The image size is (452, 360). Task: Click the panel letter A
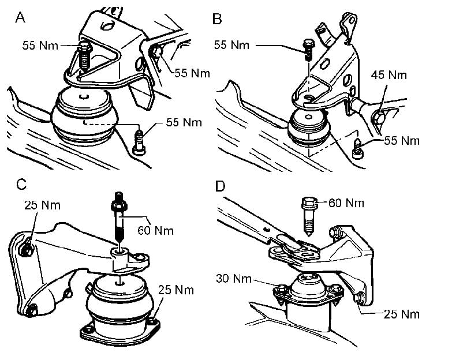(20, 18)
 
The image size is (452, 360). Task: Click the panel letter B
(217, 18)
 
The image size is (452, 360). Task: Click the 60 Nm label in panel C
(156, 231)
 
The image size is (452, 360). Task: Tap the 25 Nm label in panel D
(402, 314)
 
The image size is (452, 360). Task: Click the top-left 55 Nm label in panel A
(40, 44)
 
